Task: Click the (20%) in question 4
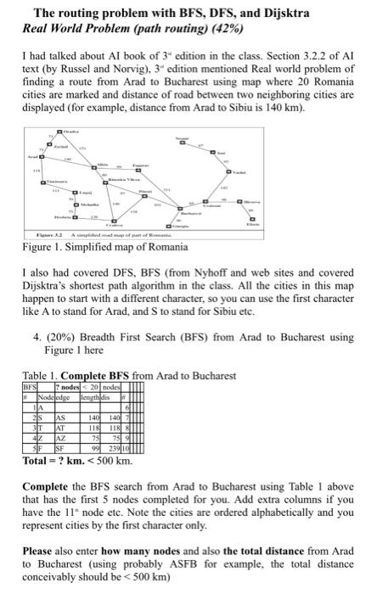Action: (75, 337)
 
